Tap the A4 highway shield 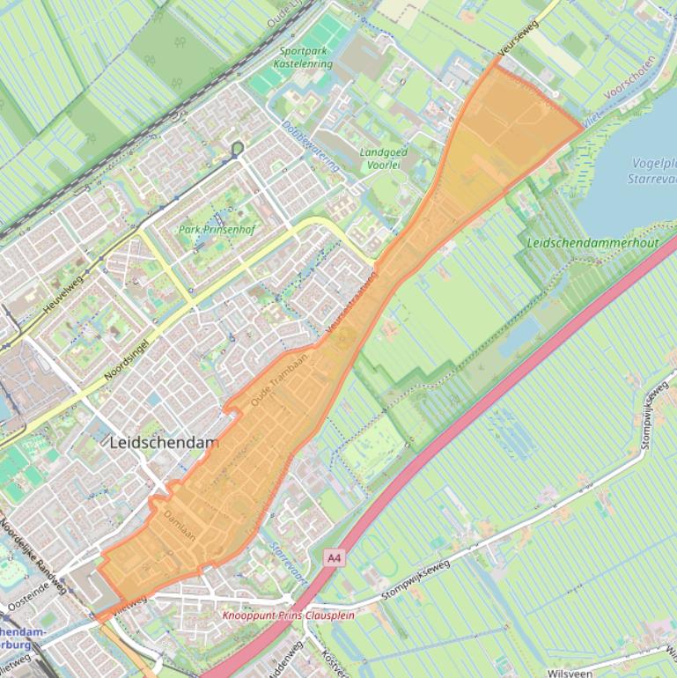tap(334, 557)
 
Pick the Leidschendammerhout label tap(592, 241)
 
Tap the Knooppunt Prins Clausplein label tap(288, 615)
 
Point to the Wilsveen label tap(568, 672)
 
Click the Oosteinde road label tap(36, 599)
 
